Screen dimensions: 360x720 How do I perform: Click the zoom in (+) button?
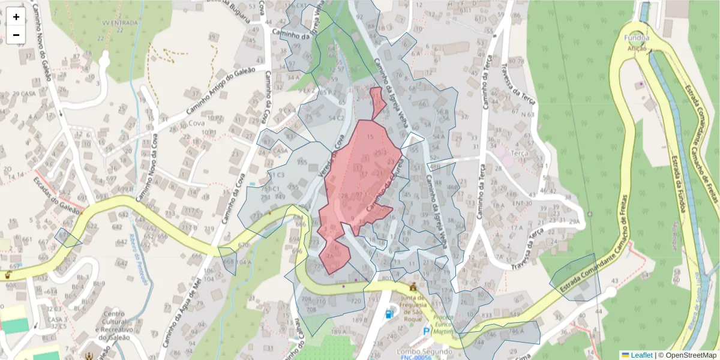point(16,17)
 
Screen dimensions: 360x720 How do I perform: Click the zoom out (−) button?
point(16,35)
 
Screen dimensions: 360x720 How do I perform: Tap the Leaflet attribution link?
point(641,355)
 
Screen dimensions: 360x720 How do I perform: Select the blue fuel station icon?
point(390,313)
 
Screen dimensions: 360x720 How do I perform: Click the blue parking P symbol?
point(427,331)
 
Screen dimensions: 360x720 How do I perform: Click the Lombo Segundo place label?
point(424,351)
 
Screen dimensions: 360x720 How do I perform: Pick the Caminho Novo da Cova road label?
point(148,171)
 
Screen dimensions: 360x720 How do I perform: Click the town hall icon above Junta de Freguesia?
point(412,286)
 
